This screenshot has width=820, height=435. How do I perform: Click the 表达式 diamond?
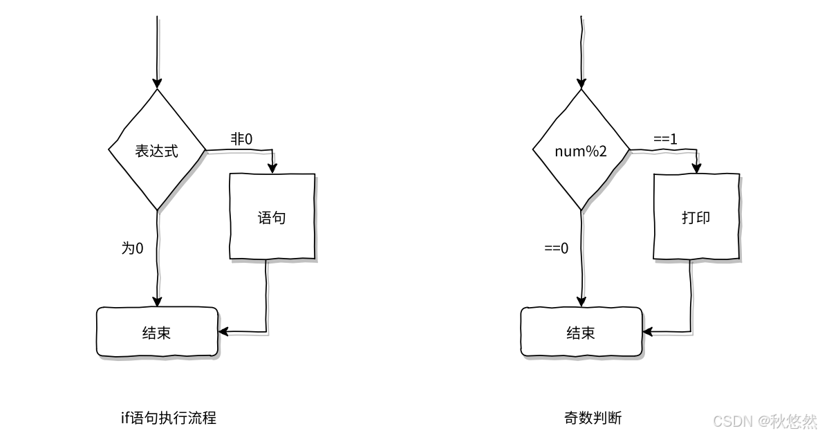[157, 150]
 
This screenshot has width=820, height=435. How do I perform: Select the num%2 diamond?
[581, 150]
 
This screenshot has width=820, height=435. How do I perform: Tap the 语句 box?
[272, 218]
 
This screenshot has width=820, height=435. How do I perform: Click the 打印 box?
[696, 218]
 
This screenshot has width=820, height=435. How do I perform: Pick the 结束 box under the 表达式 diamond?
[157, 333]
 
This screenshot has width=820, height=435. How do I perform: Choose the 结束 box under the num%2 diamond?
[581, 333]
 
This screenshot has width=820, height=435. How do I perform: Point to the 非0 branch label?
[241, 139]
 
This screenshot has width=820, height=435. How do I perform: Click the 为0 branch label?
[133, 248]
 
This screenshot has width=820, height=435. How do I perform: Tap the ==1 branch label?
[665, 139]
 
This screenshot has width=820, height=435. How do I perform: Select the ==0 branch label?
[557, 248]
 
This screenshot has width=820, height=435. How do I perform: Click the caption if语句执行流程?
[168, 418]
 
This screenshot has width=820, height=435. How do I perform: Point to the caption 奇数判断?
[593, 418]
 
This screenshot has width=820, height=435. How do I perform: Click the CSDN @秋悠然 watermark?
[765, 420]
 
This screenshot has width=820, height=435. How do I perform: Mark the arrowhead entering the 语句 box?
[272, 168]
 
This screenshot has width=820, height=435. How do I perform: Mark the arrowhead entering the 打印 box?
[696, 168]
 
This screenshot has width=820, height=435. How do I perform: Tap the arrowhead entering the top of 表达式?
[157, 83]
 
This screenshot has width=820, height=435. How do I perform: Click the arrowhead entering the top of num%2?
[581, 83]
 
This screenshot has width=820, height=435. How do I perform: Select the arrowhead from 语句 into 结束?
[223, 332]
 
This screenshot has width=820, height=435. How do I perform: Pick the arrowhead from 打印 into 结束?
[647, 332]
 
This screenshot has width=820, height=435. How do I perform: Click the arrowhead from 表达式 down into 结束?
[157, 302]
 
